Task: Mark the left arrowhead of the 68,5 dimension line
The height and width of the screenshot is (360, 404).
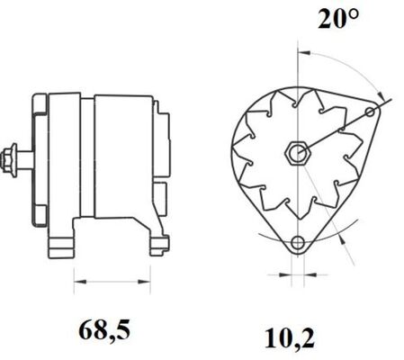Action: (x=75, y=282)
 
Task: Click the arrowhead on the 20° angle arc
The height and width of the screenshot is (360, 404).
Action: (x=383, y=97)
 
